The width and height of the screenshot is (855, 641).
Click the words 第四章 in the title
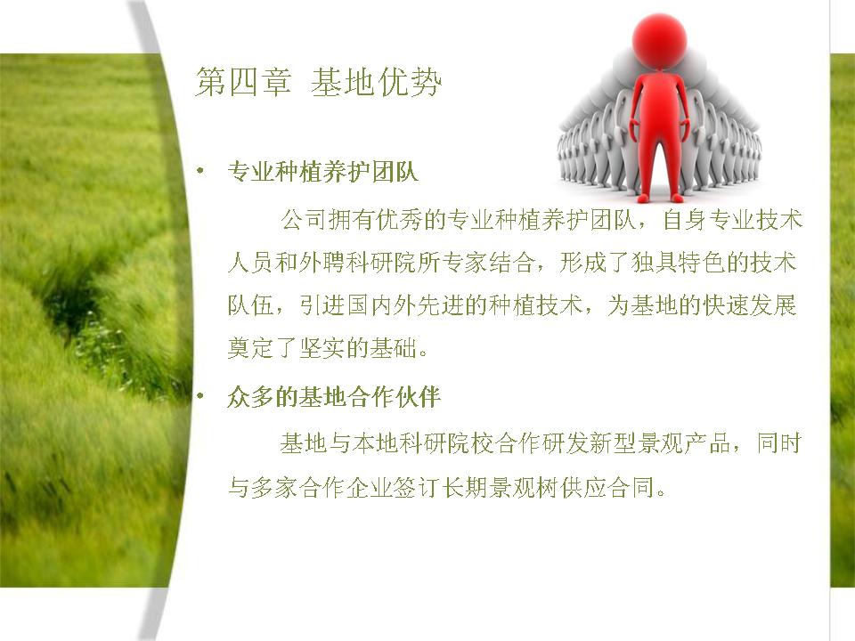point(243,83)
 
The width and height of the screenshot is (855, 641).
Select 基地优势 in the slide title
point(376,83)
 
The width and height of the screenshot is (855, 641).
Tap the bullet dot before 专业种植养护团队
point(200,172)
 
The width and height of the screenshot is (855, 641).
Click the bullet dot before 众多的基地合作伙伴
point(200,396)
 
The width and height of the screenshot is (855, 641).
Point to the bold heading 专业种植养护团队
point(322,172)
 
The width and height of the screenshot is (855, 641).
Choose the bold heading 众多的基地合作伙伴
point(334,397)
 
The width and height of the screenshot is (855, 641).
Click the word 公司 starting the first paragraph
point(305,220)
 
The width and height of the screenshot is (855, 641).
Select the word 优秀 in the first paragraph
point(399,220)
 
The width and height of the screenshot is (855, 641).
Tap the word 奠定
point(251,348)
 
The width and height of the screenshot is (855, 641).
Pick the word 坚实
point(322,348)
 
